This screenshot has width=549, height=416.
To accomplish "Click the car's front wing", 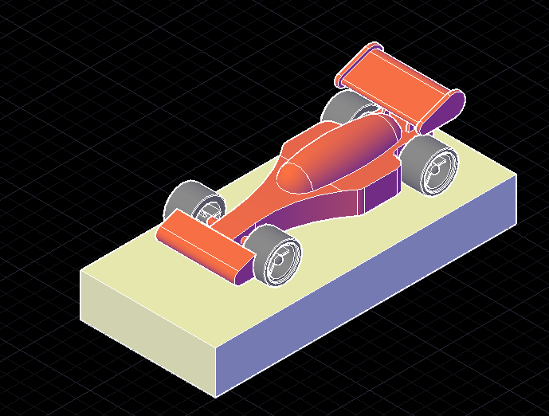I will coord(203,243).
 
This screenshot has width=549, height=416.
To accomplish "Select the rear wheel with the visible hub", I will coord(430,163).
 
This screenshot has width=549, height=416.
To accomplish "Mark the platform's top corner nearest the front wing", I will coord(81,272).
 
